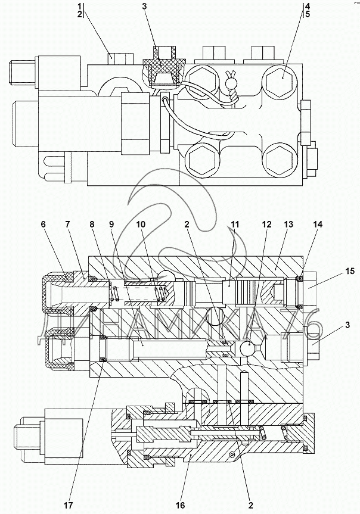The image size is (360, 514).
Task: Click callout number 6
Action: click(43, 225)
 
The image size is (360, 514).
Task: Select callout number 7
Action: click(67, 225)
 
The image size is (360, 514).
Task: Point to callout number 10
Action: click(141, 225)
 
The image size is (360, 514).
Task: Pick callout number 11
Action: click(235, 225)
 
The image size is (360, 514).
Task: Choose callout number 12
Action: click(266, 225)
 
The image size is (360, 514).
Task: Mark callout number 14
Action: click(318, 225)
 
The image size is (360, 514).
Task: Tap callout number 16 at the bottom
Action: click(181, 505)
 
